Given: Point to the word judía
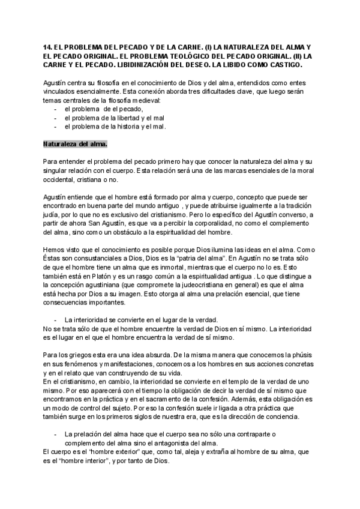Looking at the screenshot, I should (52, 214).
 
